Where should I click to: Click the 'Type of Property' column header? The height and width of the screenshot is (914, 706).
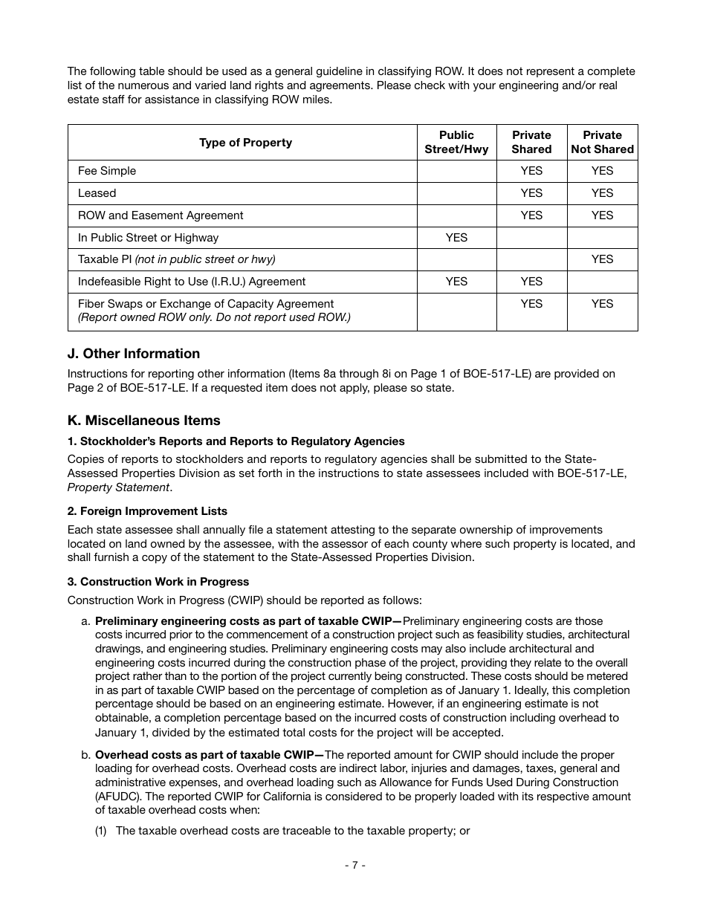tap(245, 143)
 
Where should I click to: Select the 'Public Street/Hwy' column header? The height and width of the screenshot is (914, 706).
tap(456, 143)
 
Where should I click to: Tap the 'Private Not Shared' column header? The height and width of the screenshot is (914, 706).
tap(602, 143)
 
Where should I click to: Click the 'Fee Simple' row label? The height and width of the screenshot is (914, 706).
tap(107, 171)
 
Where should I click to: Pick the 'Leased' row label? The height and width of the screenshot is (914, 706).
tap(97, 193)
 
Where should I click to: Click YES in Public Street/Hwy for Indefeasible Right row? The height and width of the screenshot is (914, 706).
tap(456, 282)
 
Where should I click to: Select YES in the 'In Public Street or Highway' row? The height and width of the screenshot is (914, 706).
tap(456, 238)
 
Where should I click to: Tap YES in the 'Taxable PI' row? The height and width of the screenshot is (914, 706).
tap(602, 259)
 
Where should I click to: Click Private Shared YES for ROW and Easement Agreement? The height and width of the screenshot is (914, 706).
tap(531, 215)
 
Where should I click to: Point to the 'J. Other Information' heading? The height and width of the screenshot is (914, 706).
tap(134, 354)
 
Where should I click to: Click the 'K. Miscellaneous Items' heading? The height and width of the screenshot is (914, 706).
tap(143, 421)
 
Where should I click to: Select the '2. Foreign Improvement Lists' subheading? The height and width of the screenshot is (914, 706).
tap(147, 511)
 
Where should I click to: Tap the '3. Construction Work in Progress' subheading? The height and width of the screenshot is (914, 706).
tap(158, 582)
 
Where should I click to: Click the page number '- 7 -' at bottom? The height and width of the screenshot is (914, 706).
tap(354, 865)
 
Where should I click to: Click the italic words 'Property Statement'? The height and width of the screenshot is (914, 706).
tap(118, 487)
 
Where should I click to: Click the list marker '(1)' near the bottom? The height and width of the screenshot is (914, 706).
tap(101, 831)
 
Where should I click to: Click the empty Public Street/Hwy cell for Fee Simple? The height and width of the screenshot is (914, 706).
tap(456, 171)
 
